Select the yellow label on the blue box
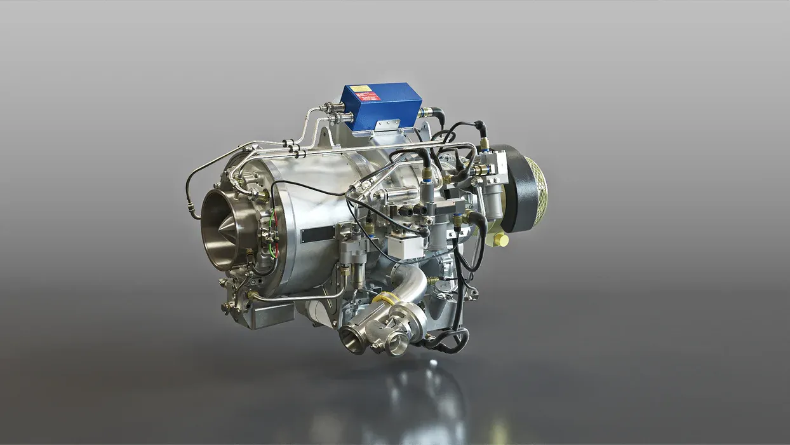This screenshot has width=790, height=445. coord(360,88)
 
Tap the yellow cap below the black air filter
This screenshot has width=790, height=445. coord(501,239)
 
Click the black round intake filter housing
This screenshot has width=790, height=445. coord(518,189)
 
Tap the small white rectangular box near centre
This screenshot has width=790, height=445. coord(405,247)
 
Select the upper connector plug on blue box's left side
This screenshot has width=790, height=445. coord(331,107)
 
